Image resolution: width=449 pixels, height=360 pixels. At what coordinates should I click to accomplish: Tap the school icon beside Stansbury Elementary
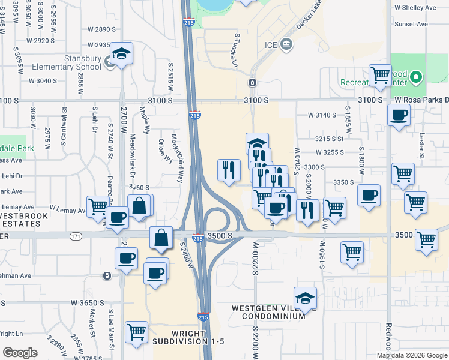121,55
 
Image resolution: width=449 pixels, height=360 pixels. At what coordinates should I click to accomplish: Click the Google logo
20,353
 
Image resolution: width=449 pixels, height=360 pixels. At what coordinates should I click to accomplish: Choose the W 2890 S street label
101,29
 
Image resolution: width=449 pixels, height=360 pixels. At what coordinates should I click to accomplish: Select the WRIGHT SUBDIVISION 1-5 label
188,337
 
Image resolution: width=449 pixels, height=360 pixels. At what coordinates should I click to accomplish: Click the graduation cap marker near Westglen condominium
305,298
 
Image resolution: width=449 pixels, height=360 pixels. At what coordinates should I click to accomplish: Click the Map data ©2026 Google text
412,355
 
